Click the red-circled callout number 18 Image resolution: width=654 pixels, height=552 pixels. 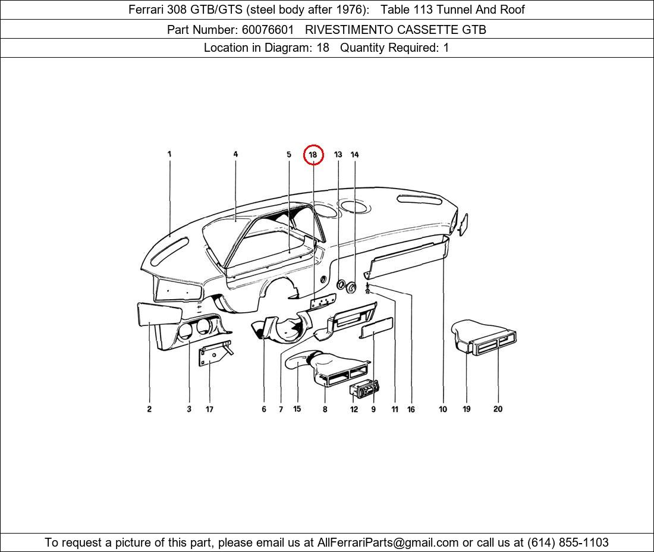pyautogui.click(x=313, y=155)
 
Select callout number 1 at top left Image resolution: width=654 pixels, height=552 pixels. pyautogui.click(x=169, y=154)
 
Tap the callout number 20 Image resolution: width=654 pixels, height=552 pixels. pyautogui.click(x=498, y=409)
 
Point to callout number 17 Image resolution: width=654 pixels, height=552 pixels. pyautogui.click(x=209, y=409)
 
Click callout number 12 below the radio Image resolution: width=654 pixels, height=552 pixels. pyautogui.click(x=354, y=409)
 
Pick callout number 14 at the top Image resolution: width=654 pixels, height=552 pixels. pyautogui.click(x=354, y=155)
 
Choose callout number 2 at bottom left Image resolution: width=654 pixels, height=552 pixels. pyautogui.click(x=149, y=409)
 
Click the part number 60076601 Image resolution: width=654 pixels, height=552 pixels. pyautogui.click(x=268, y=29)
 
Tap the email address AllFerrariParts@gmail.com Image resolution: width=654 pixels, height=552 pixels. pyautogui.click(x=388, y=542)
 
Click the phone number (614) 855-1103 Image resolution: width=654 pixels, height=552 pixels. pyautogui.click(x=568, y=542)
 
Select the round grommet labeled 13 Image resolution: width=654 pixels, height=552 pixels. pyautogui.click(x=341, y=285)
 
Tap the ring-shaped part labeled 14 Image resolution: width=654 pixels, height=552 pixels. pyautogui.click(x=352, y=288)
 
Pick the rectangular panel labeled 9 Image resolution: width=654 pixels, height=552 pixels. pyautogui.click(x=376, y=328)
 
